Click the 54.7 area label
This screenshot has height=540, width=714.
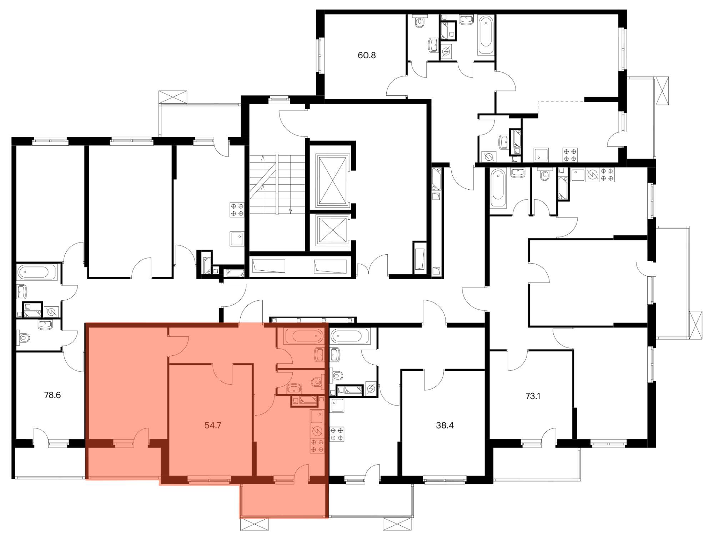213,425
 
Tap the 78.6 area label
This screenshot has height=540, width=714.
52,395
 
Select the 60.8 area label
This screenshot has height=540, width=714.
367,55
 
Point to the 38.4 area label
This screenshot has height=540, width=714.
445,425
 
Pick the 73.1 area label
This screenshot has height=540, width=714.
533,396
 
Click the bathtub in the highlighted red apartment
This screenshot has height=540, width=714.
303,336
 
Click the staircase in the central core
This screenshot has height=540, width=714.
277,184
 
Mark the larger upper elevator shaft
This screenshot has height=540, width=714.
333,181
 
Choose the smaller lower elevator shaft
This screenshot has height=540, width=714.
333,230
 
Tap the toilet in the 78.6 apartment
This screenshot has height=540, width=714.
24,337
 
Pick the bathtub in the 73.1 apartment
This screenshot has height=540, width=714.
498,188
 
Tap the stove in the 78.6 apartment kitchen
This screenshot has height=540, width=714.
237,210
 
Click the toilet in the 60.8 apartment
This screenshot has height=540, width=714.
419,22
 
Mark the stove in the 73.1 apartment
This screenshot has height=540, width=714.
607,175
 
